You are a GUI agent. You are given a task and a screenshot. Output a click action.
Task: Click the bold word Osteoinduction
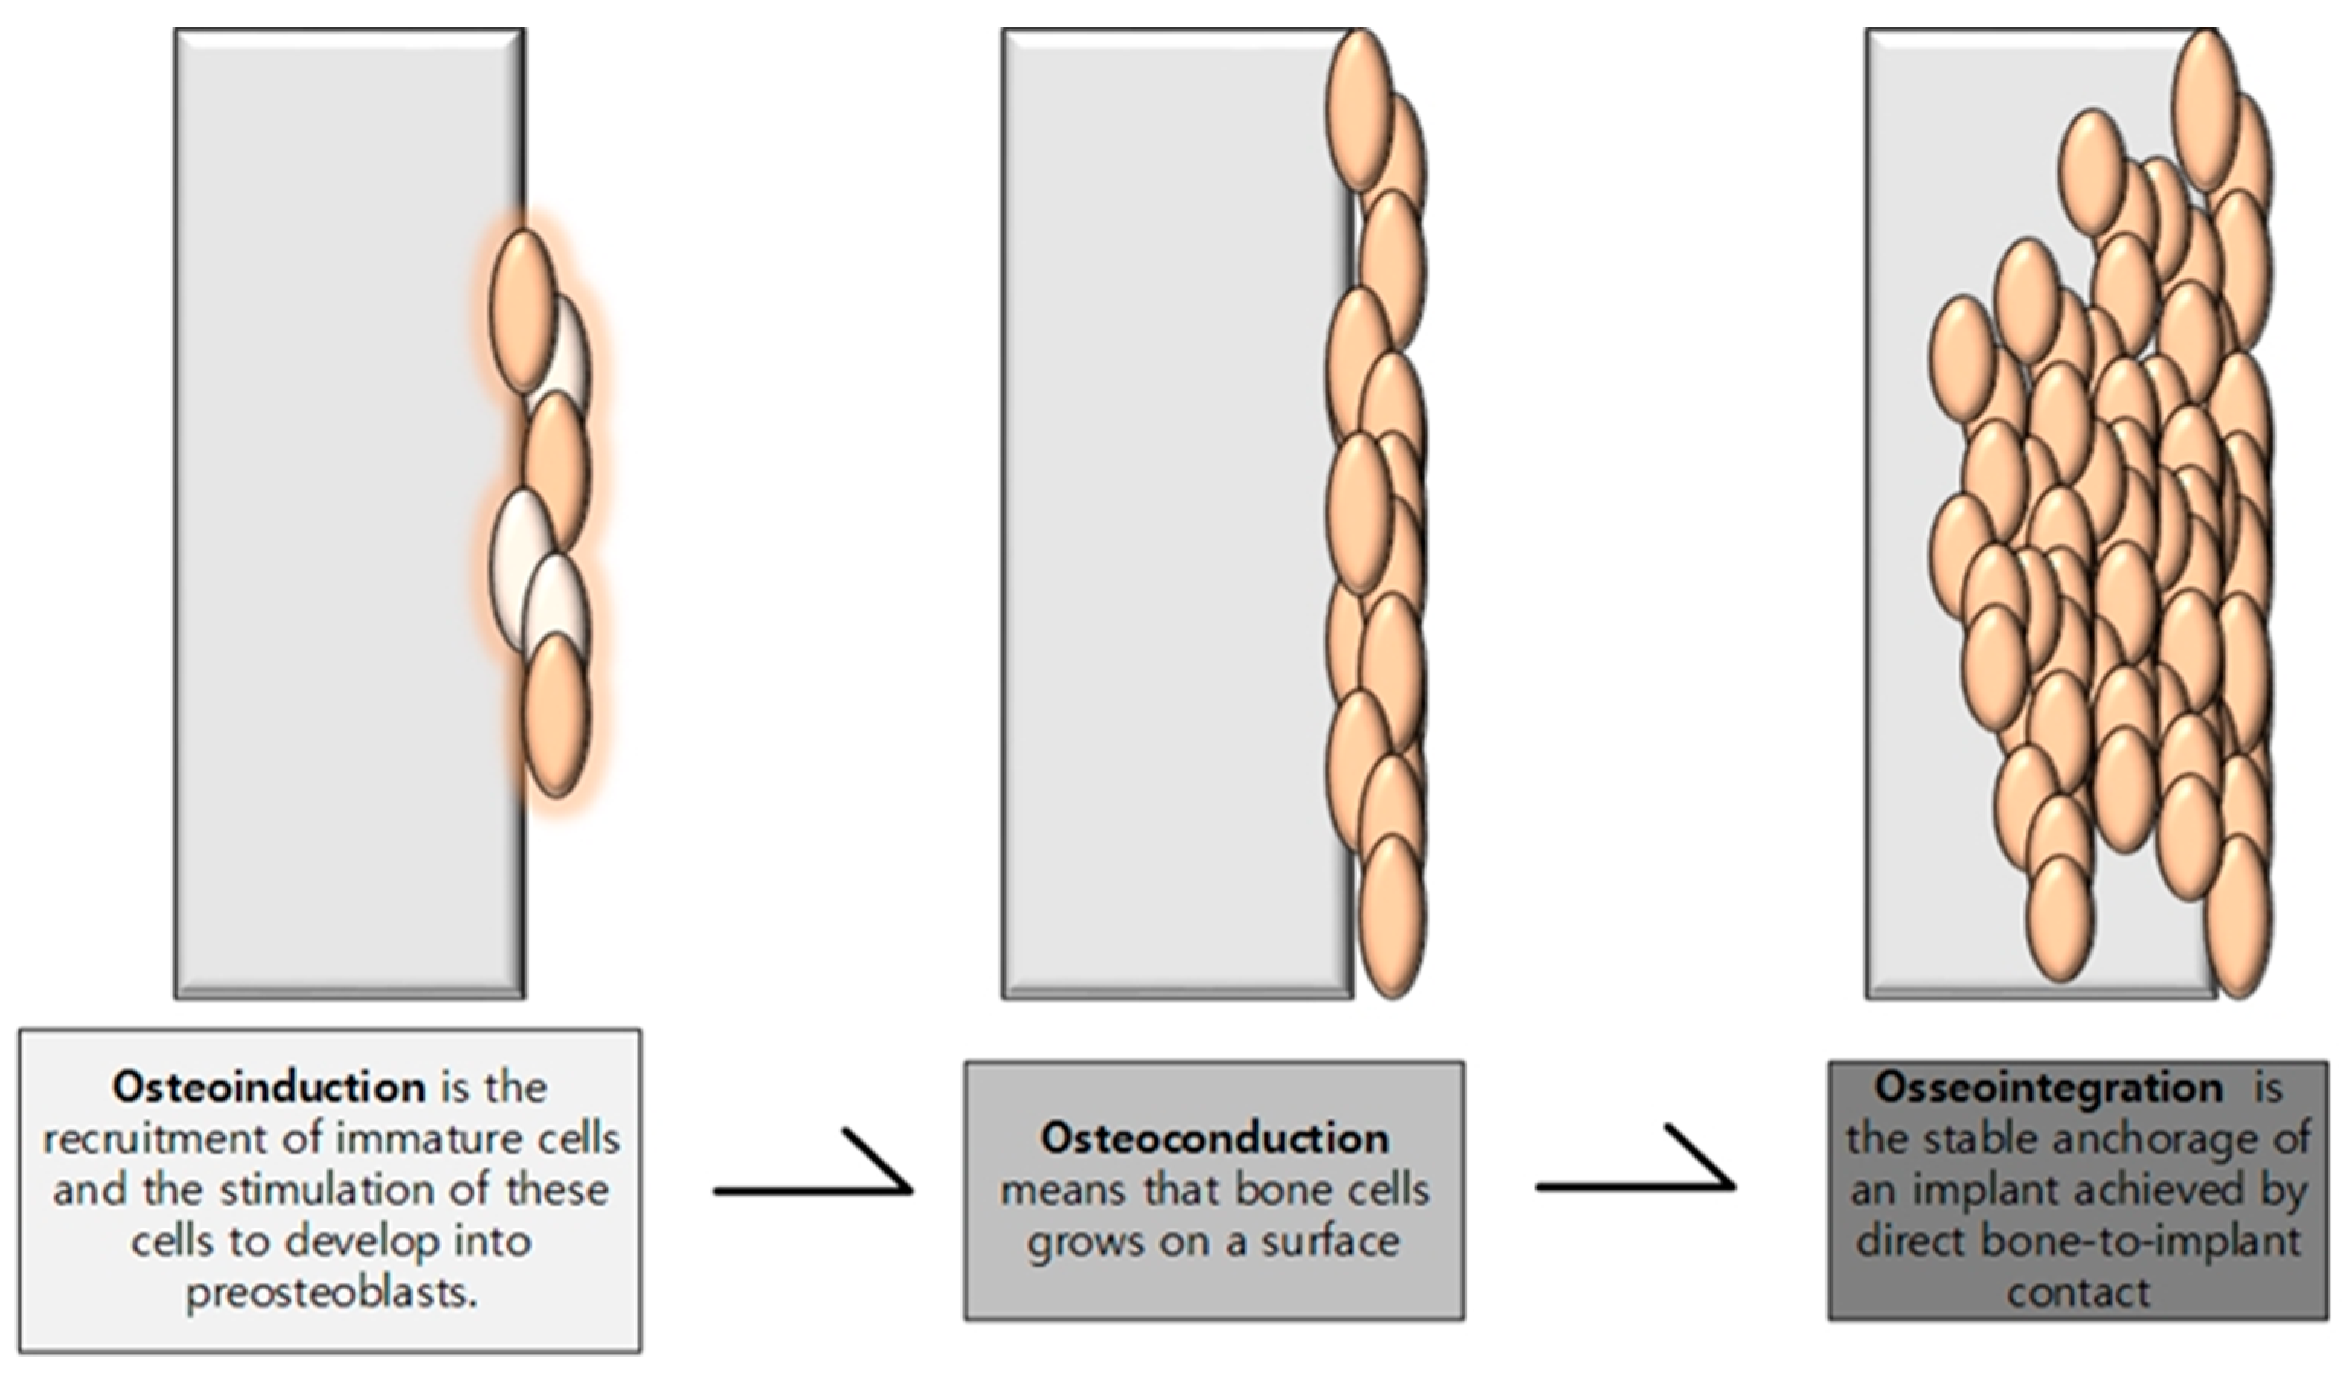point(268,1087)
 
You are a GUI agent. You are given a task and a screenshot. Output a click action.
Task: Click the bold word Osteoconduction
point(1214,1138)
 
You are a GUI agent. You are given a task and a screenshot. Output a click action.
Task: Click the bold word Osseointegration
point(2048,1087)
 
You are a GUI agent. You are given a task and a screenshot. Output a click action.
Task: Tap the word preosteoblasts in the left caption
point(331,1293)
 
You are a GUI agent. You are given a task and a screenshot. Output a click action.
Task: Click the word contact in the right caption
point(2078,1292)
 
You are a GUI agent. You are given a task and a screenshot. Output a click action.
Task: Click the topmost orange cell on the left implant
point(523,311)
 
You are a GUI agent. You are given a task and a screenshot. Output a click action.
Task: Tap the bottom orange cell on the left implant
point(556,715)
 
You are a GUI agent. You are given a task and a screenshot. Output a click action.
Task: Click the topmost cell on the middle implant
point(1360,110)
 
